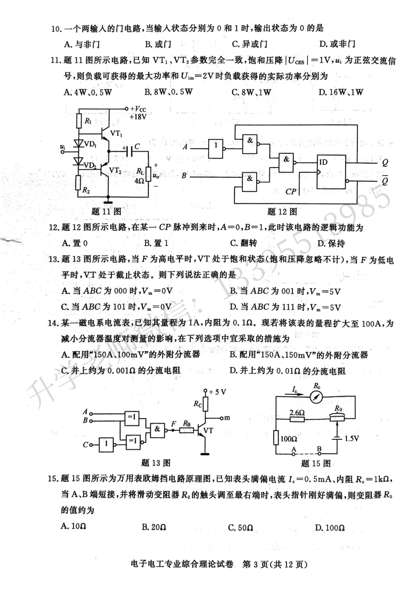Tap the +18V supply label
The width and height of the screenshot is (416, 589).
[138, 117]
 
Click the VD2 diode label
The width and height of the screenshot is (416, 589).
[90, 165]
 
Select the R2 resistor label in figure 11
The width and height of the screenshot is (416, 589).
[86, 190]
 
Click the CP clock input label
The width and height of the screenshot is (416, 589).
[291, 191]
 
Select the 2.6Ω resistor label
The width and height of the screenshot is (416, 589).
[297, 412]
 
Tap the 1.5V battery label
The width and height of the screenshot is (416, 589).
[352, 438]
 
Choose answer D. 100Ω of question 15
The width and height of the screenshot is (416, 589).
[330, 528]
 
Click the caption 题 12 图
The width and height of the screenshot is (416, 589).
[282, 212]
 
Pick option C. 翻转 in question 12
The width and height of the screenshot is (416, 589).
[243, 243]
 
